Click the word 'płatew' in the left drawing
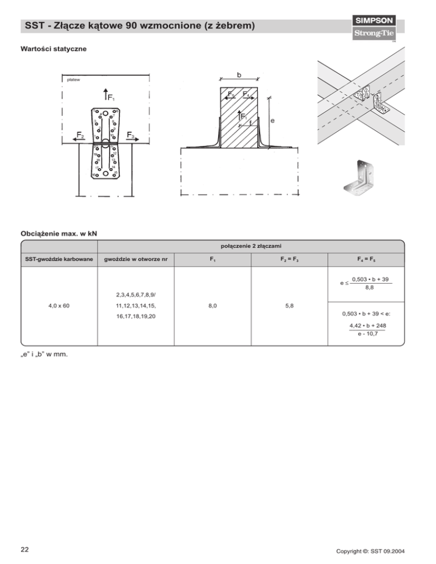pos(73,80)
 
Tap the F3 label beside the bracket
pos(131,136)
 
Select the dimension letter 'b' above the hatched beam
pos(239,74)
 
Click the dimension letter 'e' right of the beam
pos(274,121)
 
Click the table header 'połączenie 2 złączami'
pos(250,246)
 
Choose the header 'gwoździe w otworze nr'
pos(136,260)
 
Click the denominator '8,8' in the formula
pos(370,288)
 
